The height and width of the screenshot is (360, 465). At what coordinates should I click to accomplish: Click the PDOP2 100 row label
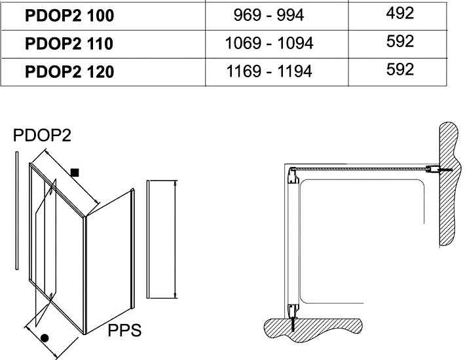[69, 16]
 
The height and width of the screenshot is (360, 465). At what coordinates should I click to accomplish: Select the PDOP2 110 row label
[69, 44]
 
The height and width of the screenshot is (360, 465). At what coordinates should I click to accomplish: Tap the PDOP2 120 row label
[69, 72]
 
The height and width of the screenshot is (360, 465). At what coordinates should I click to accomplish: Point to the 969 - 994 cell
[269, 15]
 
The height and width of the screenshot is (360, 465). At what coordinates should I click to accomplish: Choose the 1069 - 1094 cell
[269, 43]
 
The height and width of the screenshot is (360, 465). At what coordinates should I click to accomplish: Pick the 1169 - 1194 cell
[269, 71]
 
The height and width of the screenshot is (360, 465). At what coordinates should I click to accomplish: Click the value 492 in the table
[400, 13]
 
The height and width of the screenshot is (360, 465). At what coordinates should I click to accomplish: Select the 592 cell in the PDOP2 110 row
[400, 41]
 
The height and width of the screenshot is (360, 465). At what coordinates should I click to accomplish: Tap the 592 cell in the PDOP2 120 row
[400, 69]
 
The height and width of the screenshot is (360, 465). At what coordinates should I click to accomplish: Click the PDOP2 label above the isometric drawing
[42, 135]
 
